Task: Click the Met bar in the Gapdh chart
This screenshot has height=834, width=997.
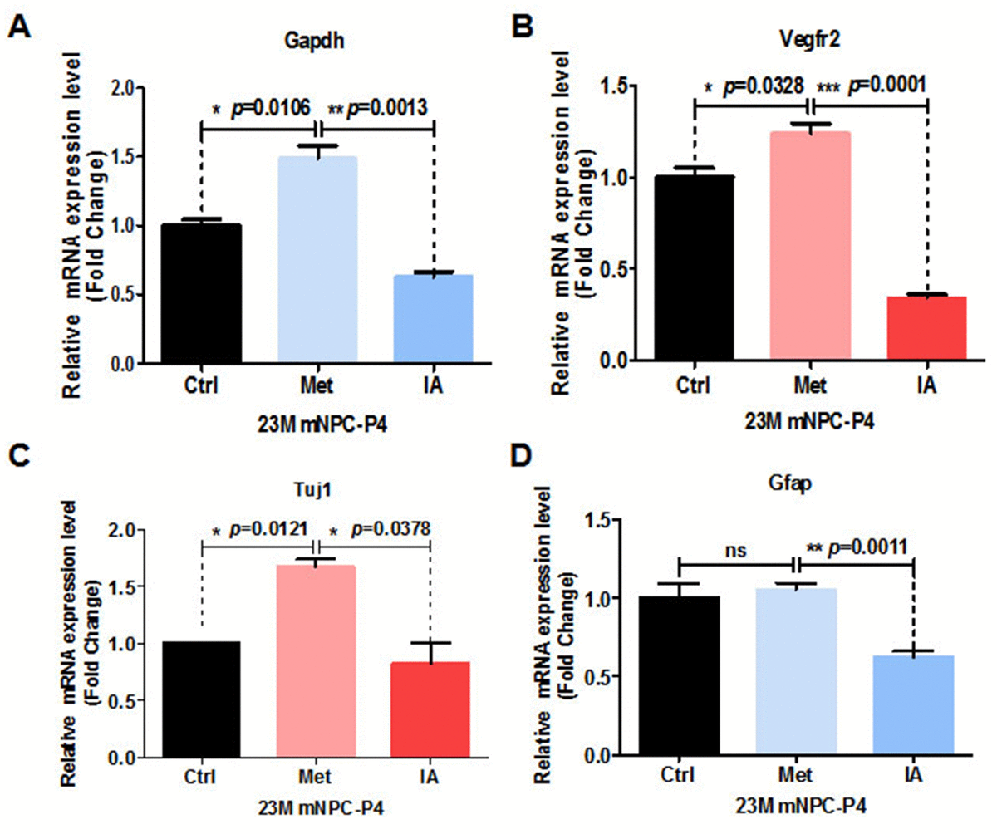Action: [319, 259]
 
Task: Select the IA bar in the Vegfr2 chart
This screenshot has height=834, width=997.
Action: [927, 327]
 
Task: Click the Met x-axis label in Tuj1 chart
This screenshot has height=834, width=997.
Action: [316, 778]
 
